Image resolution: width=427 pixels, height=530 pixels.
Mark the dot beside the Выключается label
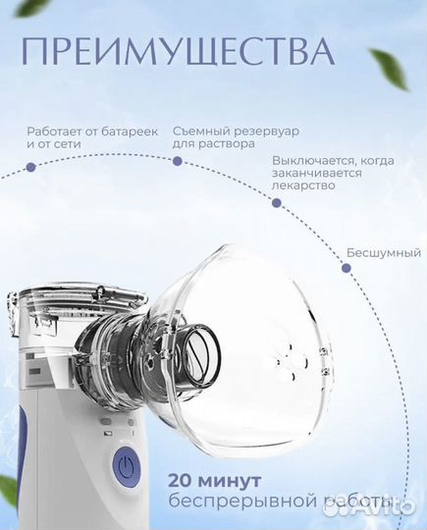[276, 203]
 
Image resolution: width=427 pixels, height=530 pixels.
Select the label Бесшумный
[382, 252]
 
